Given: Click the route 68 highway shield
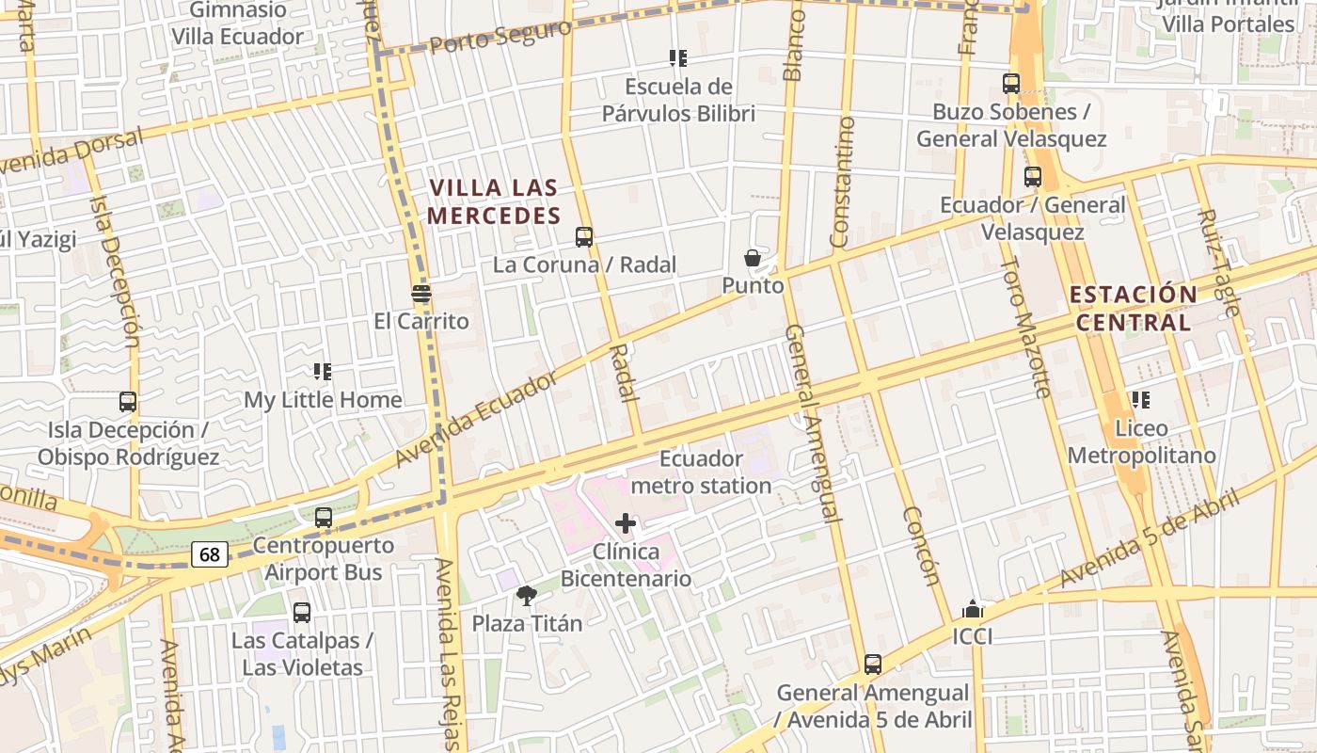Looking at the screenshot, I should (209, 554).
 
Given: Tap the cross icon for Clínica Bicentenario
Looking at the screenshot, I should (626, 523).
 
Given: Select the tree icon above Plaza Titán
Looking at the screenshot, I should (527, 595).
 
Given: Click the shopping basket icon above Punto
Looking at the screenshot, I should (753, 258).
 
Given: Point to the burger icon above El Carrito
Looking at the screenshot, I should (421, 294).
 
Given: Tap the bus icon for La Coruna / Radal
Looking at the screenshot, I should (584, 237).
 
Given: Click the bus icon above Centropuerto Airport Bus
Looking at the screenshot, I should (324, 518).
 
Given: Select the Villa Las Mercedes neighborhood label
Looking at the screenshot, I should (494, 201).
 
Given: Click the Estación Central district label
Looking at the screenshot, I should (1133, 308).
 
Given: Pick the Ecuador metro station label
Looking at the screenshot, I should (701, 473).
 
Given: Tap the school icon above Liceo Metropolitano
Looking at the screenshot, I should (1141, 400).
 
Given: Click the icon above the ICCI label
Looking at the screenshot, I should (973, 609).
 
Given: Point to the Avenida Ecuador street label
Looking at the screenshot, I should (477, 419).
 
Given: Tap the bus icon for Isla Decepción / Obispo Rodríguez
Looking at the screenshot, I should (128, 402).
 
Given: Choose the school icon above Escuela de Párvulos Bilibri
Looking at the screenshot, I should (677, 58).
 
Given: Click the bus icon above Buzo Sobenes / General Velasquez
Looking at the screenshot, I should (1011, 84).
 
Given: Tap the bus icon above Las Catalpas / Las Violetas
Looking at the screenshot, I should (302, 613).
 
